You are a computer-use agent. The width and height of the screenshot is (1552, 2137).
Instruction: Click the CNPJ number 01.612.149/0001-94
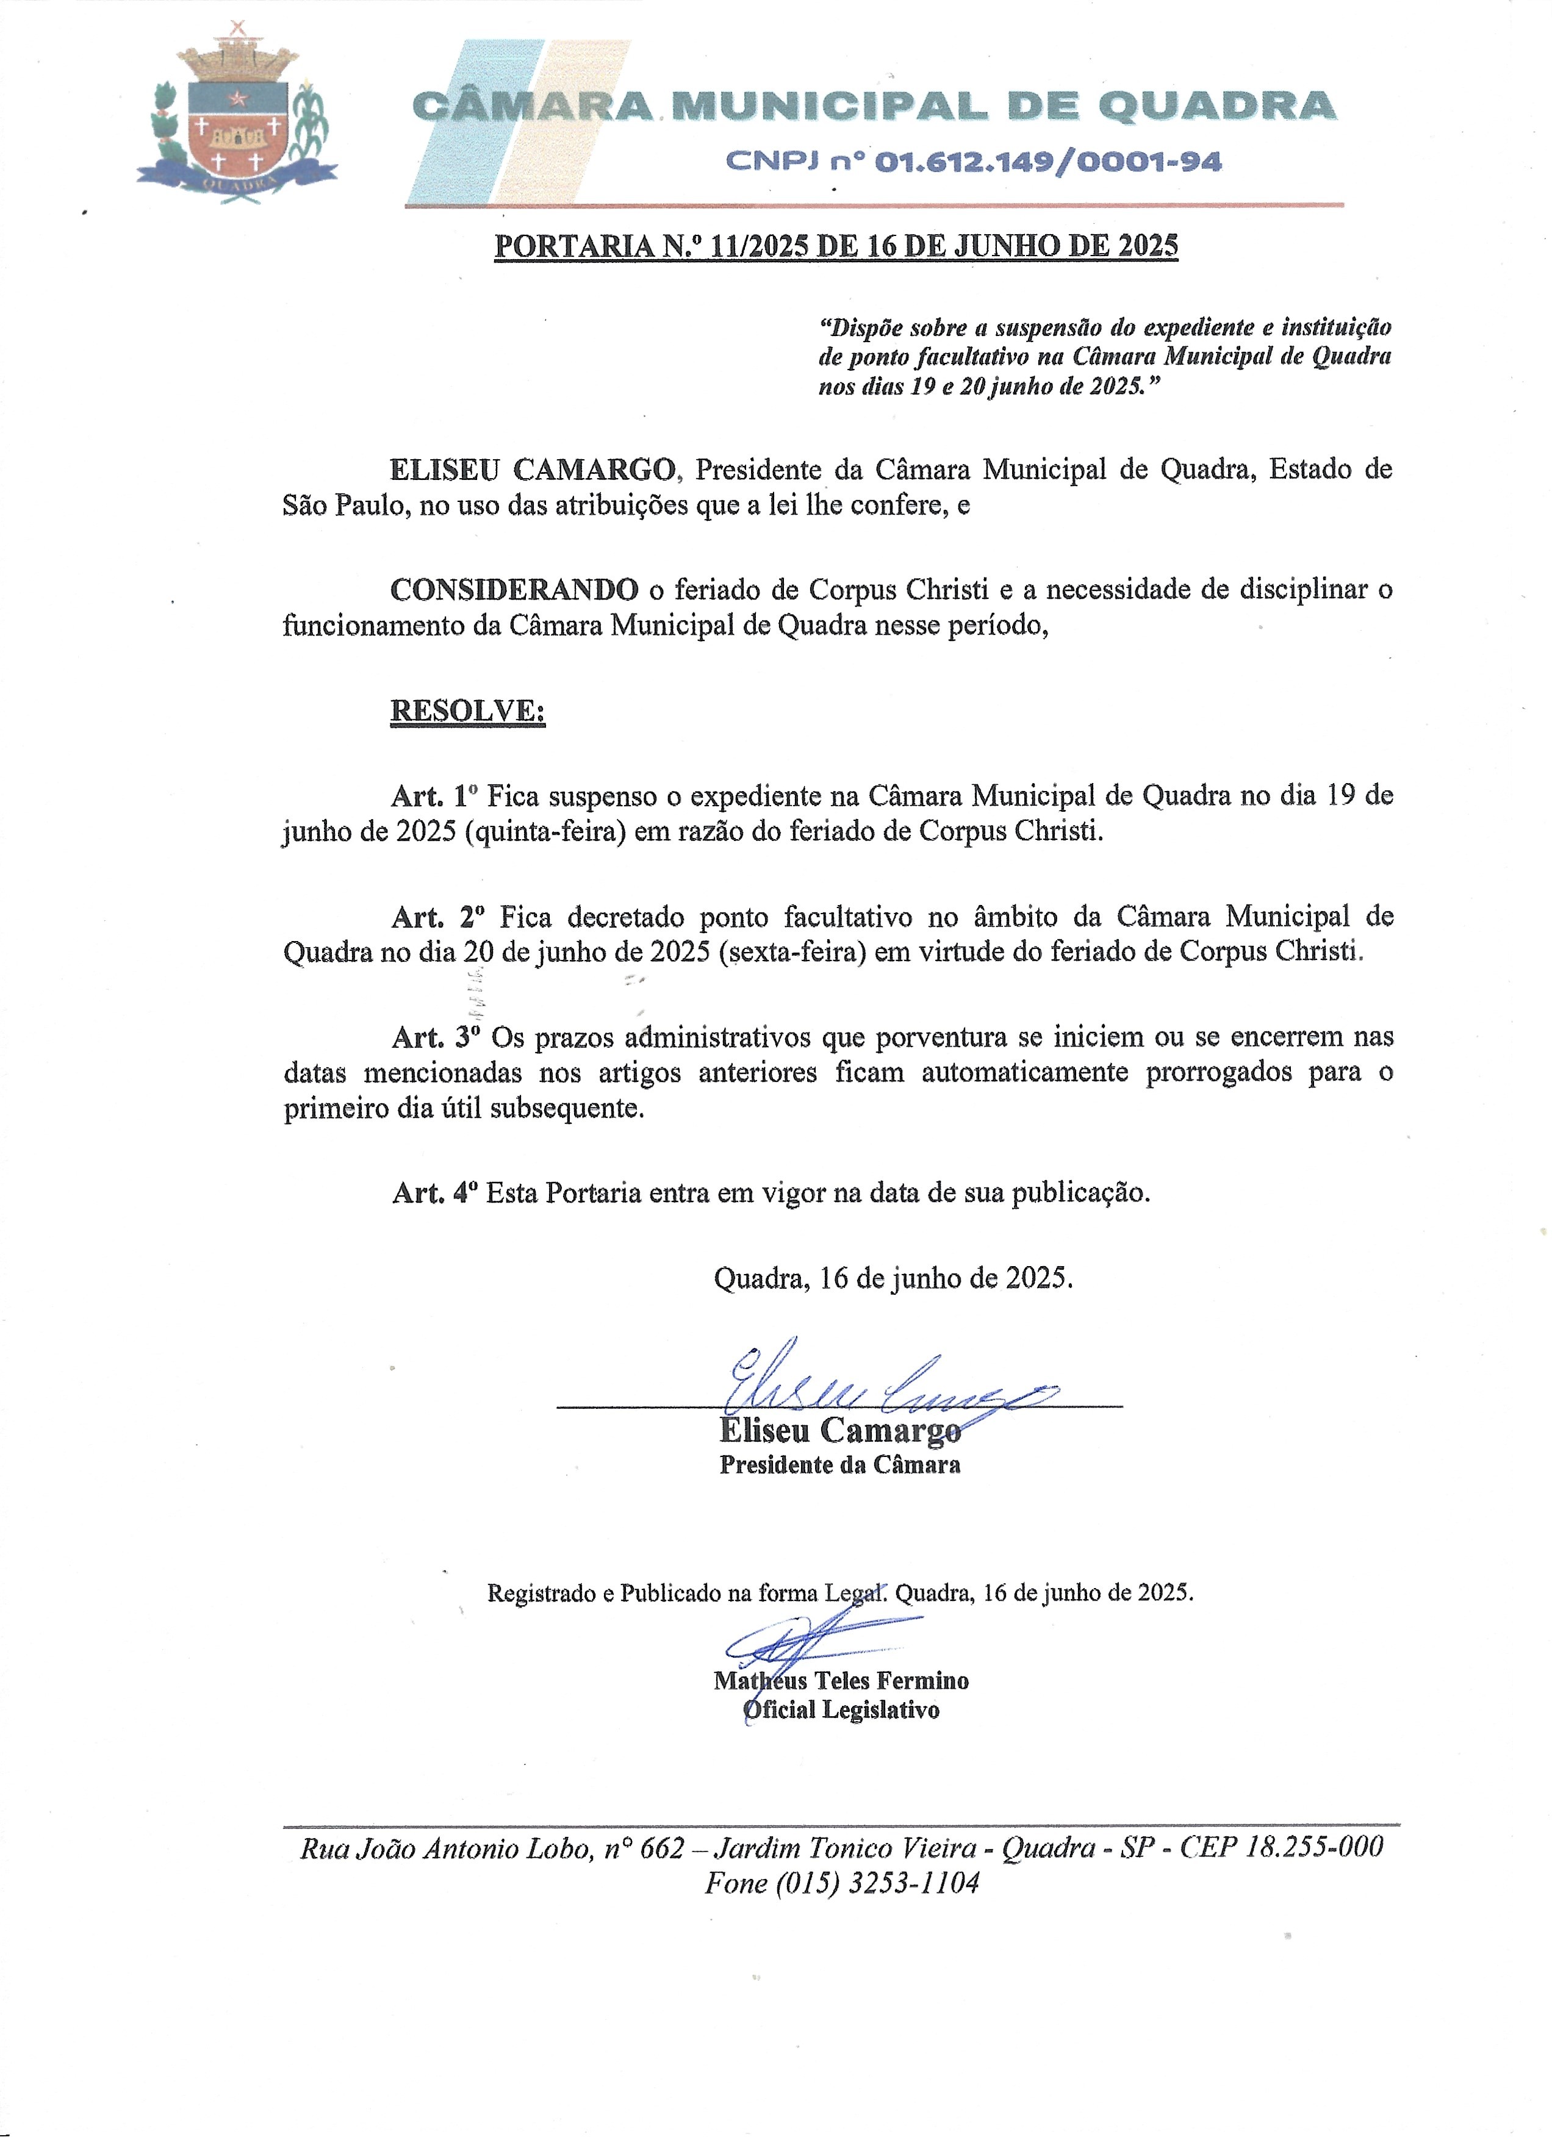pyautogui.click(x=1048, y=163)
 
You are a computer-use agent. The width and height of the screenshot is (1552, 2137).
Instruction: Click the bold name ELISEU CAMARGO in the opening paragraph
pyautogui.click(x=533, y=469)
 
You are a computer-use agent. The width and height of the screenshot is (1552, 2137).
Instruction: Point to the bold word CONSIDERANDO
pyautogui.click(x=514, y=590)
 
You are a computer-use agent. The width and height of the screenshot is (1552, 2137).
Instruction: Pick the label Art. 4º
pyautogui.click(x=434, y=1193)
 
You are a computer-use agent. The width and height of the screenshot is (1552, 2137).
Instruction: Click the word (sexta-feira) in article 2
pyautogui.click(x=791, y=951)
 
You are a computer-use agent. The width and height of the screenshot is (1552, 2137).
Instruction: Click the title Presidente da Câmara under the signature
pyautogui.click(x=839, y=1465)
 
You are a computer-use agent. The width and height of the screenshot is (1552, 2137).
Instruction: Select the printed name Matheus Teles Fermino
pyautogui.click(x=841, y=1681)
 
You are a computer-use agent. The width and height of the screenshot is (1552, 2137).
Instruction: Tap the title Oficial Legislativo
pyautogui.click(x=841, y=1710)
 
